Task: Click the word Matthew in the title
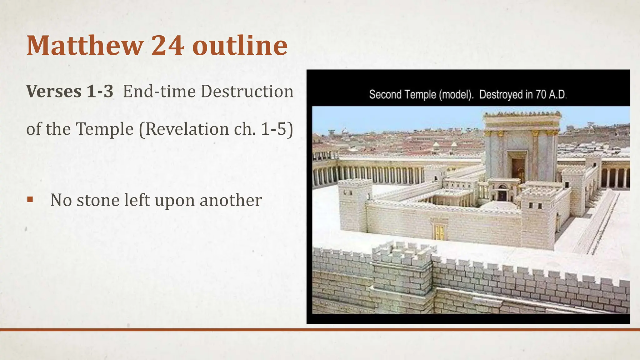[85, 46]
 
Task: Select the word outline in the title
[240, 46]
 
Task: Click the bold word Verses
[54, 92]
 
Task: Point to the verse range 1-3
[100, 92]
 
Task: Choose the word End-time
[159, 92]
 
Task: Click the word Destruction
[247, 92]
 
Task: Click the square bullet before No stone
[30, 199]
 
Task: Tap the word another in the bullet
[231, 200]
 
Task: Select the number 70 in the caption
[540, 94]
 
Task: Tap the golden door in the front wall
[439, 232]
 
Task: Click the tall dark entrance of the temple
[518, 169]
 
